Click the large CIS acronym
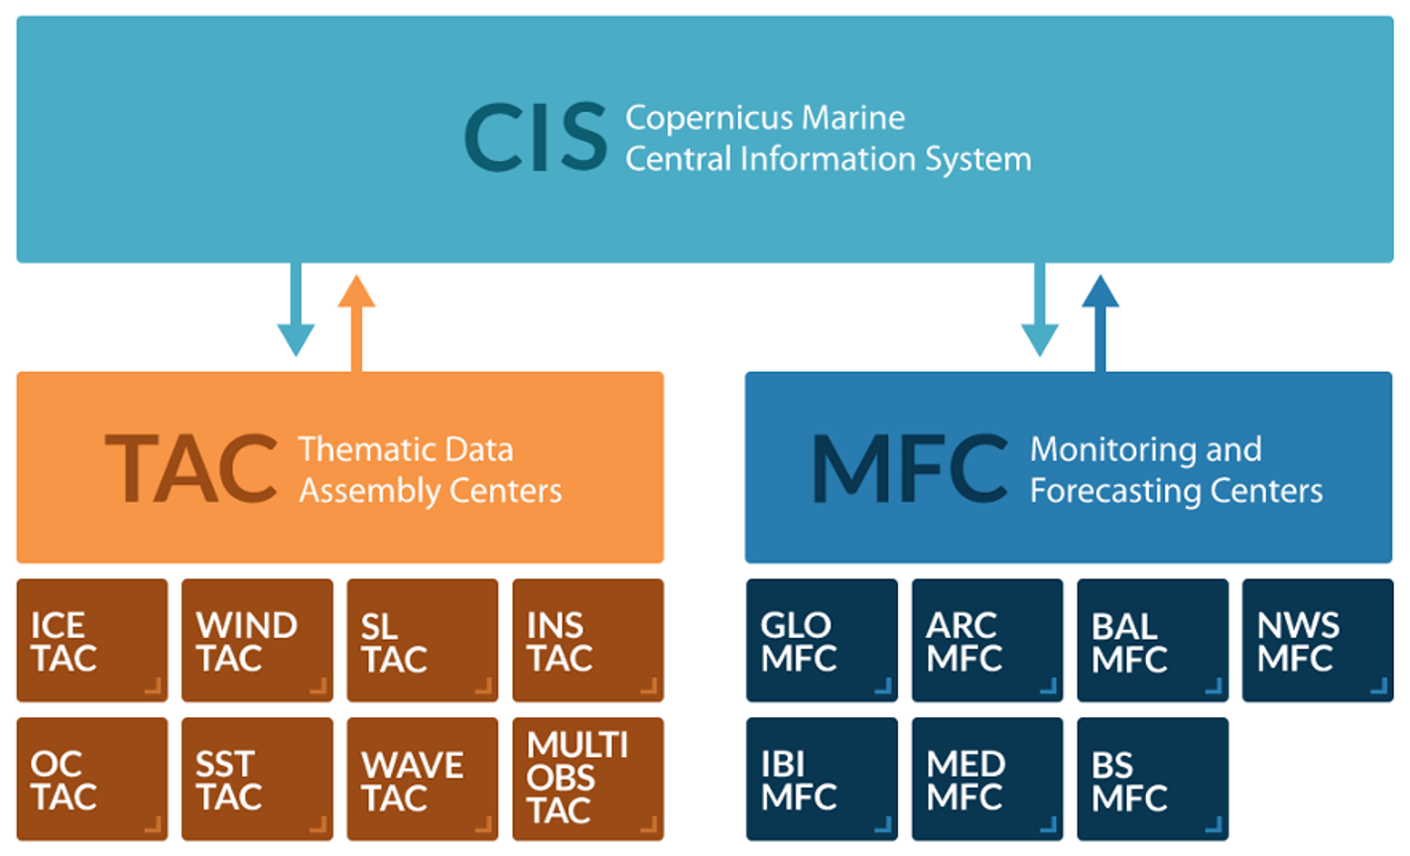click(x=536, y=139)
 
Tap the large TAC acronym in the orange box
click(x=191, y=468)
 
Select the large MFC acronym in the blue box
click(x=909, y=468)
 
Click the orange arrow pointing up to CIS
click(x=356, y=322)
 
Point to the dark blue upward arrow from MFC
click(x=1100, y=322)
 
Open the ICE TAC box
click(x=92, y=641)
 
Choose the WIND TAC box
click(x=257, y=641)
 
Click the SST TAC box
click(x=257, y=780)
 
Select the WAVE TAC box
click(x=423, y=780)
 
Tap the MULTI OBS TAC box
click(x=587, y=780)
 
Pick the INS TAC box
click(x=587, y=641)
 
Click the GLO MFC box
click(x=822, y=641)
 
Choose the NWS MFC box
click(x=1317, y=641)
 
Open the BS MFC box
click(x=1152, y=780)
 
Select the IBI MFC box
click(x=822, y=780)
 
